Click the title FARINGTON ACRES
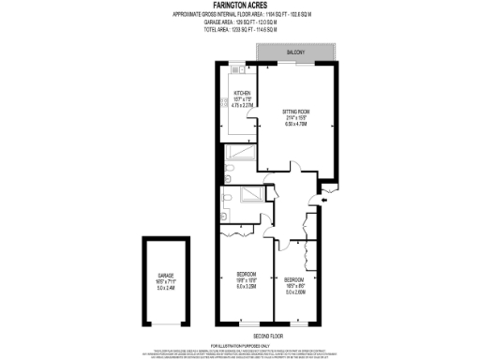[239, 7]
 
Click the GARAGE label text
[166, 276]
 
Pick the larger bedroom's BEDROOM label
[247, 274]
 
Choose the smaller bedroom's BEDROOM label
[293, 279]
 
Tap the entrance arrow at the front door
[325, 198]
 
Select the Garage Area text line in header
[239, 22]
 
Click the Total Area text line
[239, 30]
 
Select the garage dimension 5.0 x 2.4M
[166, 288]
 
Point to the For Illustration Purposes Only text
[240, 346]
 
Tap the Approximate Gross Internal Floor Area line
[239, 15]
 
